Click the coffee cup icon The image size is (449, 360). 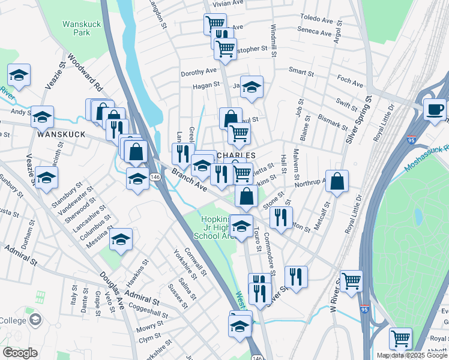pos(435,110)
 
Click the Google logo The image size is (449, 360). pos(19,352)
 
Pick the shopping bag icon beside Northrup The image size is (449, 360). pos(337,181)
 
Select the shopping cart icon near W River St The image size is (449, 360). pos(351,280)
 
